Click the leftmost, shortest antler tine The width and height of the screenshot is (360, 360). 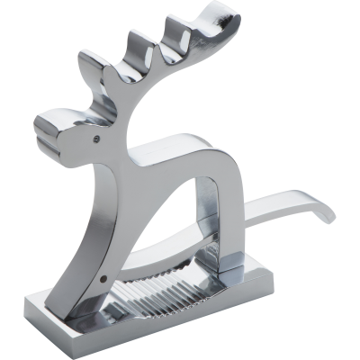tap(90, 67)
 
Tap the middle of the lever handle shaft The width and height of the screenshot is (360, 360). tap(279, 209)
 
